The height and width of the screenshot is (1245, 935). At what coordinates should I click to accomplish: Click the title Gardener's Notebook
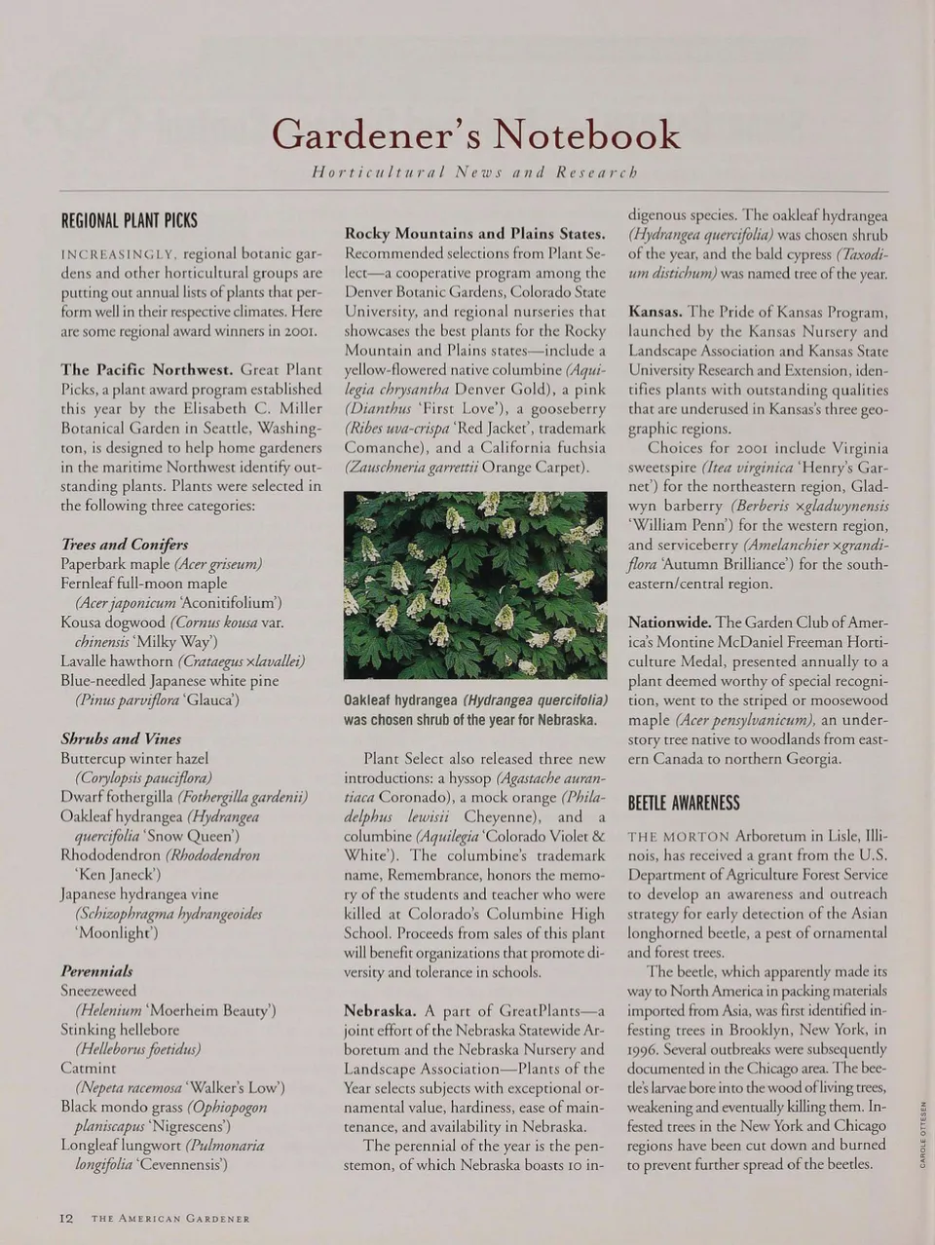475,134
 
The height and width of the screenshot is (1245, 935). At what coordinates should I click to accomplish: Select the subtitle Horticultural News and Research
474,172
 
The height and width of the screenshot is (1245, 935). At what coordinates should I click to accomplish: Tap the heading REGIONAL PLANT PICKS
129,221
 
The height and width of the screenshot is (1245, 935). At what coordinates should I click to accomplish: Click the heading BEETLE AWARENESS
684,803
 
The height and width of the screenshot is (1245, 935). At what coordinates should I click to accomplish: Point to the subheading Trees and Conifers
125,545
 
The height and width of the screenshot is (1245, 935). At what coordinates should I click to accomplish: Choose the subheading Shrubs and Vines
121,738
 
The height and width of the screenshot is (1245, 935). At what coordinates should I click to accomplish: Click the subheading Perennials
96,971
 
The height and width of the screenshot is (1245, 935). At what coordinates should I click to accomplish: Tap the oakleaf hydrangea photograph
475,585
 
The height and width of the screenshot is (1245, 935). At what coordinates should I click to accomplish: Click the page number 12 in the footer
66,1218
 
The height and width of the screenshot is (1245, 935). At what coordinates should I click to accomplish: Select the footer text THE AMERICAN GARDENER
170,1219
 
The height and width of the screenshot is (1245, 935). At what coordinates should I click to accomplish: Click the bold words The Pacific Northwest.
147,370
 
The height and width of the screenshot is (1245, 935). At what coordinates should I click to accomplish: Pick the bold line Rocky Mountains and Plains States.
475,234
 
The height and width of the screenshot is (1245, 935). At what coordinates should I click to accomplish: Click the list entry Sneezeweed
98,991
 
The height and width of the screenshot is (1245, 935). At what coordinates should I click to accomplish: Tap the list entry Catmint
88,1068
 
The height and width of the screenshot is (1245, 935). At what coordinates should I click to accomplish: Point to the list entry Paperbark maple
115,564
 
